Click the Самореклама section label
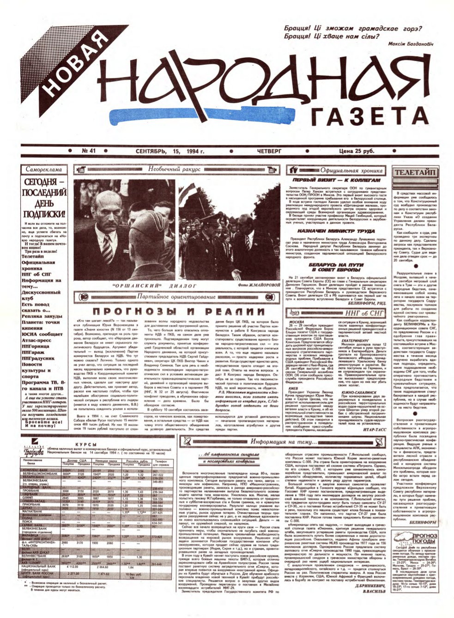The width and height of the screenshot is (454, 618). tap(44, 170)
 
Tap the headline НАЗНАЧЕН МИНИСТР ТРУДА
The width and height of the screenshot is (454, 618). tap(329, 230)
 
